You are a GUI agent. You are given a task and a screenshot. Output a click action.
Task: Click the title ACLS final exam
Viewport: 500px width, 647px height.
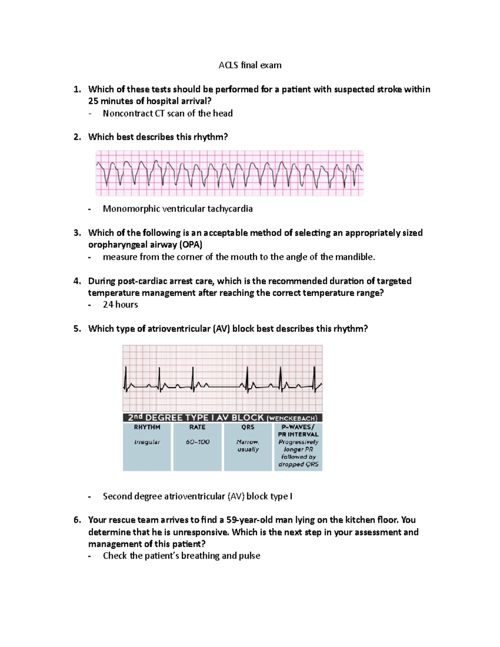[x=250, y=65]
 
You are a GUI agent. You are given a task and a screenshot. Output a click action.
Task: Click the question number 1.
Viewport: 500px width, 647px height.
[x=76, y=90]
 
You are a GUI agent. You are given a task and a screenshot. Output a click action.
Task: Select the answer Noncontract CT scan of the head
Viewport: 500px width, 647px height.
[x=167, y=113]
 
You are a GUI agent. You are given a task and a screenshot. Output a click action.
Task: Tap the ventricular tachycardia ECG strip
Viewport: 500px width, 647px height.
[x=230, y=173]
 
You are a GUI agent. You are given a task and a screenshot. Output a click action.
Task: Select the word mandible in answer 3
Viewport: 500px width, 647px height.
[x=357, y=257]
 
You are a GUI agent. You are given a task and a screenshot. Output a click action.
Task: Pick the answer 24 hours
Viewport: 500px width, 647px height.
[x=120, y=305]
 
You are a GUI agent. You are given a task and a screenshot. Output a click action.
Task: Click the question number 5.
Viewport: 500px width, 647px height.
[x=76, y=329]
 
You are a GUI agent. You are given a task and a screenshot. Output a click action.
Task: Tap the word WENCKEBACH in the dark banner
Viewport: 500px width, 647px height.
[x=293, y=418]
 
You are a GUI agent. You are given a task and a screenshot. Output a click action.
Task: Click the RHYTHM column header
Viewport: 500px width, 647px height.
[x=147, y=427]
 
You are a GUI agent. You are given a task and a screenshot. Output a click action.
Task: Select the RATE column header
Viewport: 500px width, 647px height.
[x=197, y=427]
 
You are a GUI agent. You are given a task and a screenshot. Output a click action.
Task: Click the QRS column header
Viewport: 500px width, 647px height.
[x=248, y=427]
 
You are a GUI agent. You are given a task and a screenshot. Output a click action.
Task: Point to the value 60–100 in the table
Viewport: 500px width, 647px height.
[x=197, y=442]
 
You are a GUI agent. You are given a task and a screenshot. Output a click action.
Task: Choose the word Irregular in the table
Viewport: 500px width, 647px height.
[x=147, y=442]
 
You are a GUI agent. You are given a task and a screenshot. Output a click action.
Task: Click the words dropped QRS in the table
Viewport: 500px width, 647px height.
[x=298, y=465]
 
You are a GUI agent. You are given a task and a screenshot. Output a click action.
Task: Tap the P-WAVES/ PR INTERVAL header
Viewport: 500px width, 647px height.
[x=298, y=430]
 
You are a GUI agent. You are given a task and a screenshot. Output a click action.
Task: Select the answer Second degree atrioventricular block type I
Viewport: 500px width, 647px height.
[x=197, y=496]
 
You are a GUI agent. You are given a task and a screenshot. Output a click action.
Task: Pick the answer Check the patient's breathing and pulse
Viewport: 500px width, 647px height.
[x=181, y=556]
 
